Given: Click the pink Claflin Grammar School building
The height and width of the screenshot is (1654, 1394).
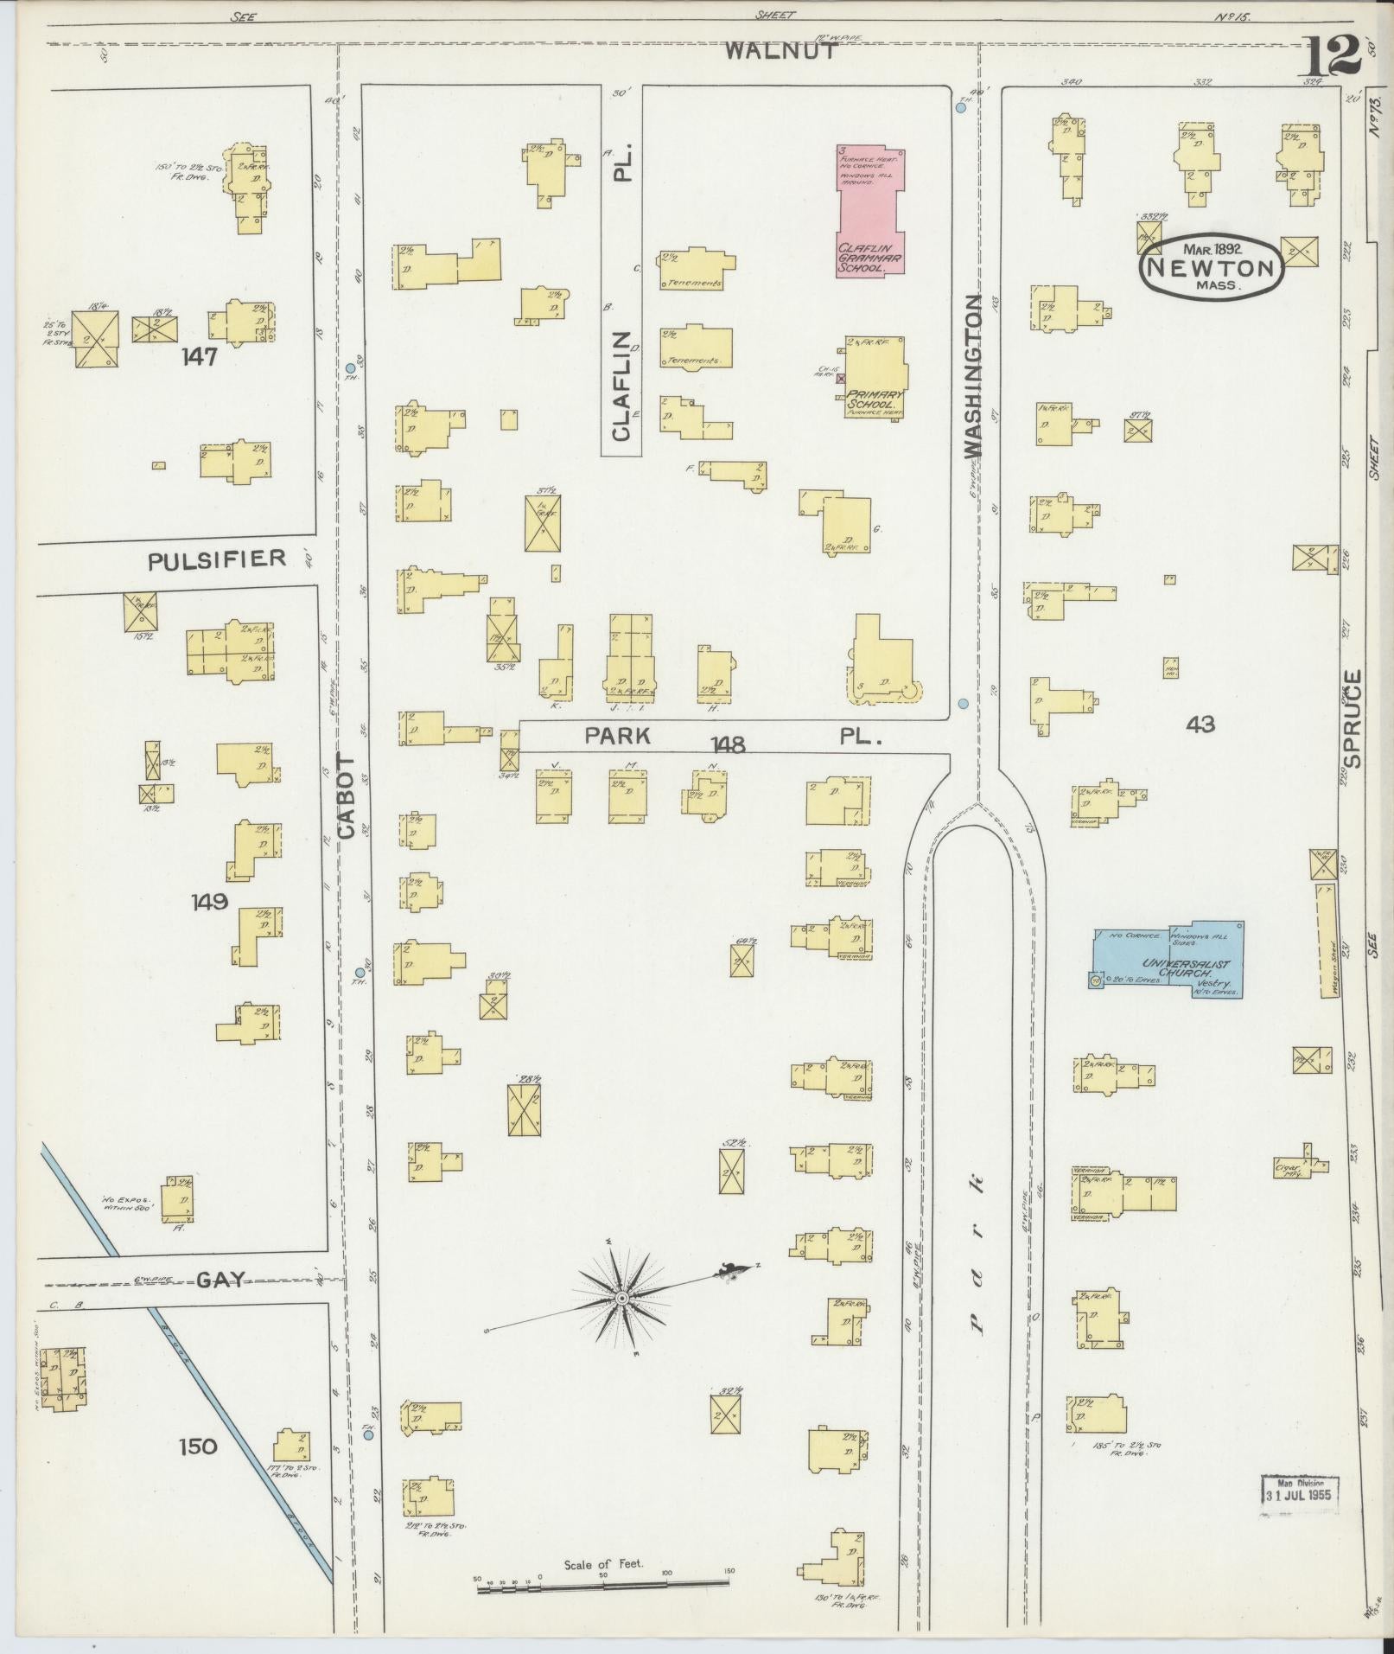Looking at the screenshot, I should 871,210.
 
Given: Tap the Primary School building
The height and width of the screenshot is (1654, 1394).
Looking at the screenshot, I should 875,378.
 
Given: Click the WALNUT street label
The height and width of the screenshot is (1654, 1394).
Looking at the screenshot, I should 781,50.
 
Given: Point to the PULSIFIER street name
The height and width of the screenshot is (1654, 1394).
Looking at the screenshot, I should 216,559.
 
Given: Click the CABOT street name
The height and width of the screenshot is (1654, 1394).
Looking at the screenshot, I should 347,795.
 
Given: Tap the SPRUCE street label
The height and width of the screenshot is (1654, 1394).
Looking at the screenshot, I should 1353,718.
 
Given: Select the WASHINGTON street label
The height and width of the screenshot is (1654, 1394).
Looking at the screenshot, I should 973,375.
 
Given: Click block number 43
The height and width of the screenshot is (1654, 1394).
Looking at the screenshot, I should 1200,724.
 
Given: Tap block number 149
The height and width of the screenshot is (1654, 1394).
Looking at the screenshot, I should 210,902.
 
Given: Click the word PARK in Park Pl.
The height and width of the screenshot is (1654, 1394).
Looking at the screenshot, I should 616,736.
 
